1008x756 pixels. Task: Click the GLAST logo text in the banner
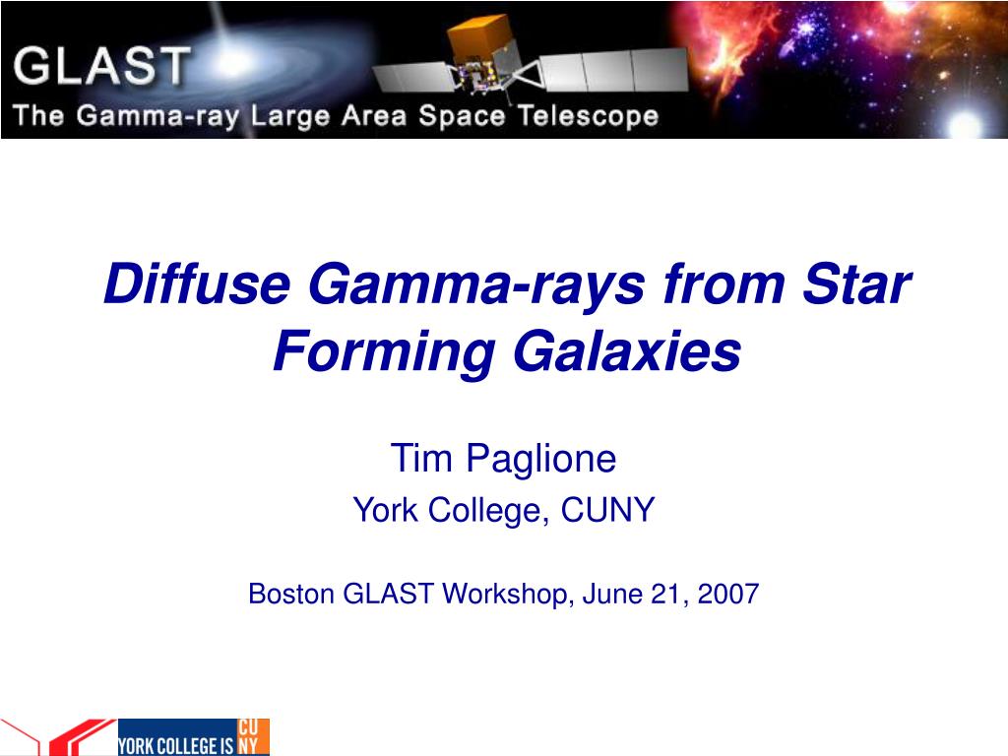tap(101, 66)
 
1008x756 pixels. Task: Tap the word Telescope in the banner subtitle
tap(589, 116)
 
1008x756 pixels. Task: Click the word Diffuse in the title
tap(197, 283)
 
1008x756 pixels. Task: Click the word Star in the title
tap(857, 283)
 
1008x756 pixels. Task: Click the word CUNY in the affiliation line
tap(607, 510)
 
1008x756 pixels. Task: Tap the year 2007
tap(728, 594)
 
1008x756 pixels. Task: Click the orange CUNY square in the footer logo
tap(253, 736)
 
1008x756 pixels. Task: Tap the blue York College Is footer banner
tap(177, 736)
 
